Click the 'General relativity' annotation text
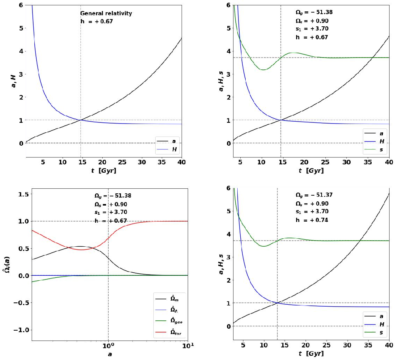tap(106, 14)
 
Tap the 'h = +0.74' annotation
tap(312, 220)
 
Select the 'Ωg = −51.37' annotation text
tap(312, 195)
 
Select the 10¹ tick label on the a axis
tap(187, 346)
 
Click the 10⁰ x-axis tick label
tap(109, 346)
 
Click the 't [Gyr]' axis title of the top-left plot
tap(103, 170)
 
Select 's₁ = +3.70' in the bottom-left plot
tap(111, 212)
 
